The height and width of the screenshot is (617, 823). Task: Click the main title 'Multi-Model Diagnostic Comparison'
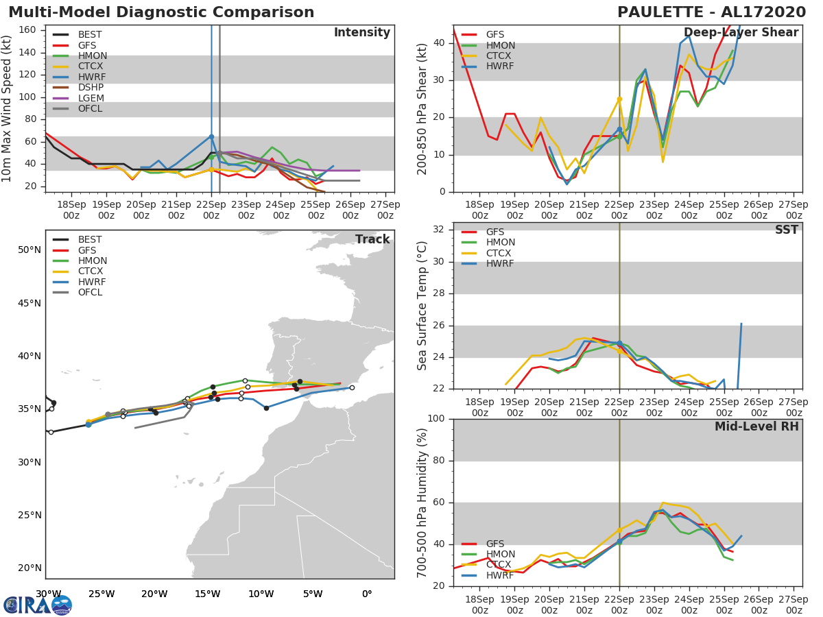161,12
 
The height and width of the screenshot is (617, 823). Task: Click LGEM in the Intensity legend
91,98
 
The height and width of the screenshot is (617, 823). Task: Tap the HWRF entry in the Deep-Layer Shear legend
499,66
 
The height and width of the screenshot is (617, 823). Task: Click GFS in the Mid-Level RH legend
495,544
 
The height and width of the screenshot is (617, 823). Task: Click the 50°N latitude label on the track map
29,250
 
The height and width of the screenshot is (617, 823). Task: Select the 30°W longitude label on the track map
49,594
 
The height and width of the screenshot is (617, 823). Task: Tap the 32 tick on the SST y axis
438,230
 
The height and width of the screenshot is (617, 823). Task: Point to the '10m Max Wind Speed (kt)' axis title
8,110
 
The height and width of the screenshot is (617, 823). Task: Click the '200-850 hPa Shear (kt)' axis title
422,110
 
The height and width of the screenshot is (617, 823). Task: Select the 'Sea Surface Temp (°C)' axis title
422,305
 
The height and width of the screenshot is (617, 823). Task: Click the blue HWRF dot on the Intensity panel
211,136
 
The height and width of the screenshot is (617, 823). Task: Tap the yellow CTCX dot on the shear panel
619,99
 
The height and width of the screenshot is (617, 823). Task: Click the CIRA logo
38,605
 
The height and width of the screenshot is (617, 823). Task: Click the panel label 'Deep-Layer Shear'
741,33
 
